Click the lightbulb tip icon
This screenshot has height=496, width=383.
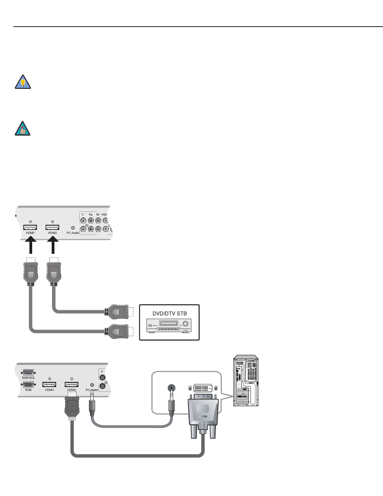pyautogui.click(x=23, y=82)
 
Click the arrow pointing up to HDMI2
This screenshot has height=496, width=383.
pyautogui.click(x=52, y=246)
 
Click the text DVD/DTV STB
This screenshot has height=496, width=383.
pyautogui.click(x=169, y=314)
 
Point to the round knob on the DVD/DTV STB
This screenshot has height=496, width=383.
pyautogui.click(x=186, y=323)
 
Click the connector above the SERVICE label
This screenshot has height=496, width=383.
pyautogui.click(x=28, y=372)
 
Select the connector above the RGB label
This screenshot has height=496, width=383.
pyautogui.click(x=28, y=384)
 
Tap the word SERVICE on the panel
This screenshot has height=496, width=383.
pyautogui.click(x=28, y=378)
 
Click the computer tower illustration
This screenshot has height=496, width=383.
pyautogui.click(x=246, y=381)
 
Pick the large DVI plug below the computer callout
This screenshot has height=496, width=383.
pyautogui.click(x=203, y=415)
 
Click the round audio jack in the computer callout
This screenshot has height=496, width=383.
pyautogui.click(x=171, y=388)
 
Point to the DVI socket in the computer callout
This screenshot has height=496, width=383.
pyautogui.click(x=203, y=388)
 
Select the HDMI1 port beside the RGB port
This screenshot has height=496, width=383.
pyautogui.click(x=50, y=384)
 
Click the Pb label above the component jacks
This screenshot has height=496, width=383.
pyautogui.click(x=91, y=215)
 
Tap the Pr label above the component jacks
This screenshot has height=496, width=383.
pyautogui.click(x=98, y=215)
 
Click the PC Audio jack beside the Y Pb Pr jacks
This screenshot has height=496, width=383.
pyautogui.click(x=73, y=228)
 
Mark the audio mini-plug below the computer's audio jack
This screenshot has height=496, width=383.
pyautogui.click(x=171, y=407)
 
